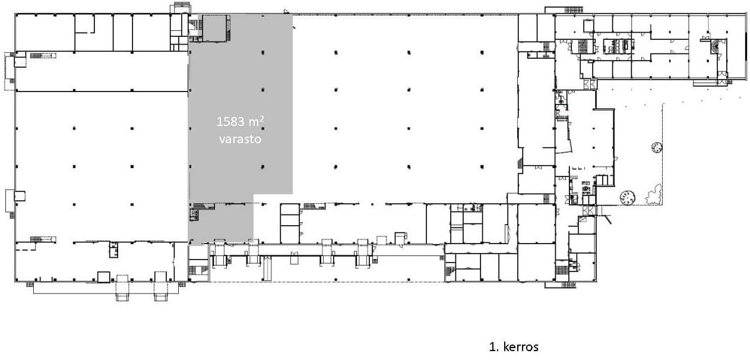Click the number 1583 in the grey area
[230, 122]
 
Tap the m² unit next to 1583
[257, 121]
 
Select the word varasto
[240, 138]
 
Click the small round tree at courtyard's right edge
[657, 147]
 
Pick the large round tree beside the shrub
[627, 197]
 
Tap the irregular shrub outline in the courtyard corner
[653, 194]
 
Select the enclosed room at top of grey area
[214, 28]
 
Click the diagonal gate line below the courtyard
[607, 219]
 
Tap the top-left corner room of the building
[45, 33]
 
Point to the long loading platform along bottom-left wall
[106, 288]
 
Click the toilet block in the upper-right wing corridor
[618, 46]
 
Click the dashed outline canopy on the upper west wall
[10, 71]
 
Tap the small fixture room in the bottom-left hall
[113, 250]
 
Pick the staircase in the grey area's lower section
[204, 206]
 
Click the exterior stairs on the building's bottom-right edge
[568, 285]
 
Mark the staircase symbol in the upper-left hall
[43, 55]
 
